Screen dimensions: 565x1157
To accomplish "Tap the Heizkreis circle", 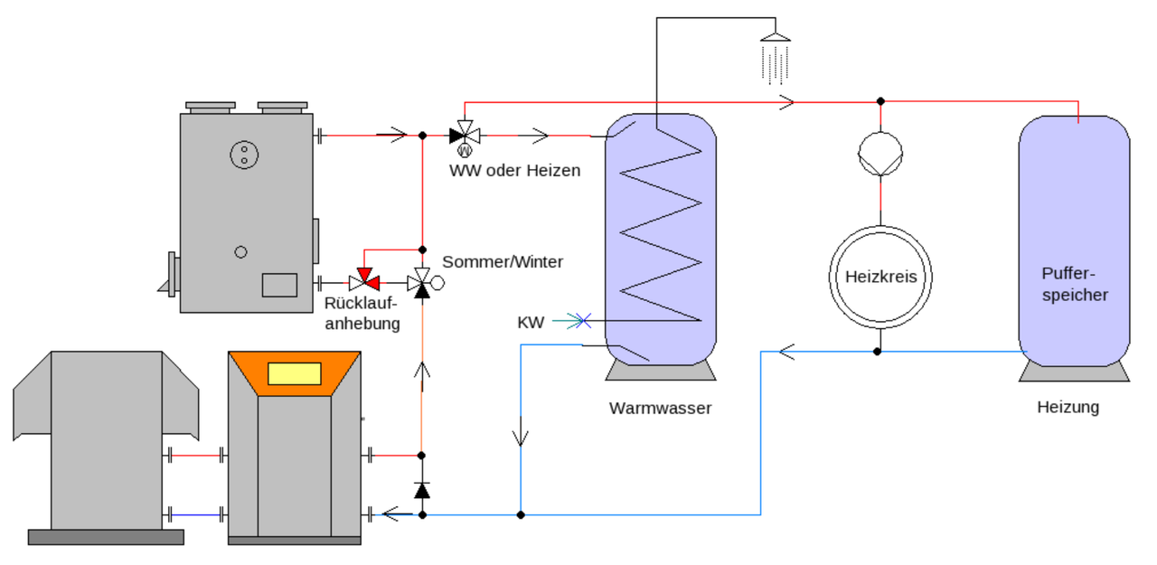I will (880, 277).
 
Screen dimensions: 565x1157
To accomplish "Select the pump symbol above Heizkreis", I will (880, 152).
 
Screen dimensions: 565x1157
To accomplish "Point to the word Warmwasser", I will (660, 408).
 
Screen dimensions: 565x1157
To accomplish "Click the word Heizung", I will (1068, 407).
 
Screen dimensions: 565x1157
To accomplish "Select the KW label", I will (531, 322).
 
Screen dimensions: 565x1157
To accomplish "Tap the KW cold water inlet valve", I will (583, 320).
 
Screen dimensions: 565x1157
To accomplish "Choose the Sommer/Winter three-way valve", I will (421, 283).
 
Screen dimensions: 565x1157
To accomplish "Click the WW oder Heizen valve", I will (465, 136).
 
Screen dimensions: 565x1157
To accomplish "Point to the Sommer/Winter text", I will (503, 261).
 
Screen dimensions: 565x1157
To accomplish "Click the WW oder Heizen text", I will (514, 170).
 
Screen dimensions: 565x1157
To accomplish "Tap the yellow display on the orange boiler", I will (295, 372).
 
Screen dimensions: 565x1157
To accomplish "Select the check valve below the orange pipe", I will (421, 490).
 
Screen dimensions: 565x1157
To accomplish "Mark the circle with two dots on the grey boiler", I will (241, 155).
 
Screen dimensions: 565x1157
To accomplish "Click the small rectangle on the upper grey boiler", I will (279, 285).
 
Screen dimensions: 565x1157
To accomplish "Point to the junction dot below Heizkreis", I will (877, 351).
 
